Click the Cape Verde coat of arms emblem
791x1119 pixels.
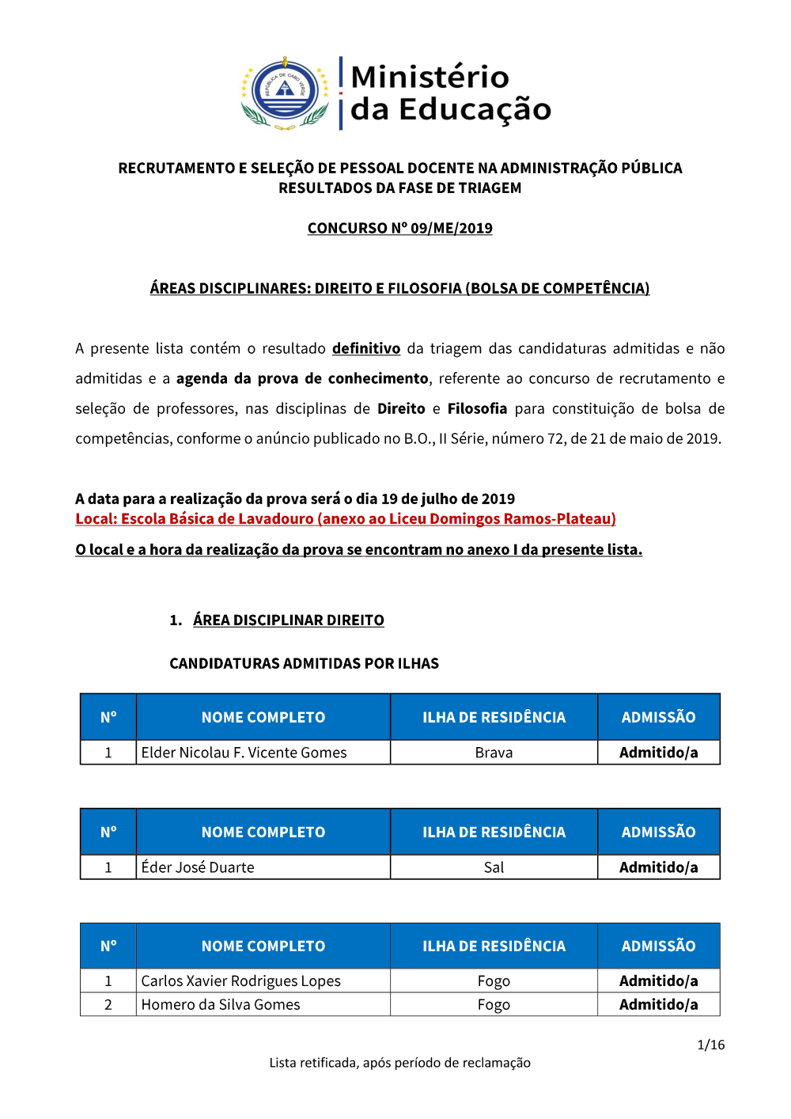point(285,93)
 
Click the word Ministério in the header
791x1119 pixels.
point(430,77)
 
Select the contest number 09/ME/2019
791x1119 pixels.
point(451,228)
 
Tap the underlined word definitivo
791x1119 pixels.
point(366,348)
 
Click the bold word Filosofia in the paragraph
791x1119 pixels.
point(477,408)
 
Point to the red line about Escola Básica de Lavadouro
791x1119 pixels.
point(346,518)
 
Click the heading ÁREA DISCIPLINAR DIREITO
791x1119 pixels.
point(288,620)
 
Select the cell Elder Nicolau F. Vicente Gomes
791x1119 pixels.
point(244,753)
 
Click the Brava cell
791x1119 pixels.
point(494,753)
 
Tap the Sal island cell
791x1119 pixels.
point(494,867)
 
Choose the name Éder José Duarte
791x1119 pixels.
point(198,867)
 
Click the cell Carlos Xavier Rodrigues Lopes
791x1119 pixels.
point(240,981)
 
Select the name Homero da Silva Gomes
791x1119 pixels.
point(221,1004)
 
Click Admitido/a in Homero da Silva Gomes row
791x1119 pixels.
point(658,1004)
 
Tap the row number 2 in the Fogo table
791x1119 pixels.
point(108,1004)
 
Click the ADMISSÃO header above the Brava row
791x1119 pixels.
point(658,717)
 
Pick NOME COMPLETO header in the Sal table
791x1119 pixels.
point(263,832)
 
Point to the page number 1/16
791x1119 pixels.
point(710,1045)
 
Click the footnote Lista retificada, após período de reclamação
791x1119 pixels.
point(399,1063)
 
